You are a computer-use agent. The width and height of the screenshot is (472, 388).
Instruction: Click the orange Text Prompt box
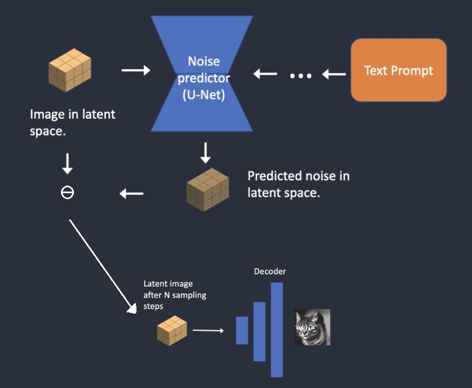tap(399, 70)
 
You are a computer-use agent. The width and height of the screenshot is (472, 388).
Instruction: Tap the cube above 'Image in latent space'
tap(69, 69)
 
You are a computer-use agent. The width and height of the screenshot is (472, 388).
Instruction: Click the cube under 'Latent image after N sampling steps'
tap(172, 330)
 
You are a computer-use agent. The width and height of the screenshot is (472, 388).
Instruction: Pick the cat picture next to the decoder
tap(312, 327)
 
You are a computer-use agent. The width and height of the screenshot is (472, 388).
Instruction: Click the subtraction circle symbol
tap(67, 193)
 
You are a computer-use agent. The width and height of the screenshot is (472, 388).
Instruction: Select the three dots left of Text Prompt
tap(300, 75)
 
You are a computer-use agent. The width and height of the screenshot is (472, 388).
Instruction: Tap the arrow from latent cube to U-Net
tap(135, 70)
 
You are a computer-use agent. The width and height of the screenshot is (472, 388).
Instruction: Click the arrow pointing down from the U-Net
tap(206, 153)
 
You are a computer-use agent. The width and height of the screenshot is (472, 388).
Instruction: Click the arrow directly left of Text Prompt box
tap(334, 74)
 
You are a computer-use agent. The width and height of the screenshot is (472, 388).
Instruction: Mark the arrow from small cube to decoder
tap(208, 330)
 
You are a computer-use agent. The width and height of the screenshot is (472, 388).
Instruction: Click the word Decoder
tap(270, 271)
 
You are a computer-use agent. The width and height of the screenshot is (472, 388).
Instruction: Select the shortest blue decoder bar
tap(242, 330)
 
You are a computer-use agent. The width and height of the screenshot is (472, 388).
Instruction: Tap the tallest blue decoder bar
tap(277, 330)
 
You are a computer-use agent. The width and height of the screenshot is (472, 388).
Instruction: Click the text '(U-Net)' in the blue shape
tap(204, 96)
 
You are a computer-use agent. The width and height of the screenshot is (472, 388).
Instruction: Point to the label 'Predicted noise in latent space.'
tap(298, 184)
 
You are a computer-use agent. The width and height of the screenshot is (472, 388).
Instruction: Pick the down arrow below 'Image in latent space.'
tap(67, 163)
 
